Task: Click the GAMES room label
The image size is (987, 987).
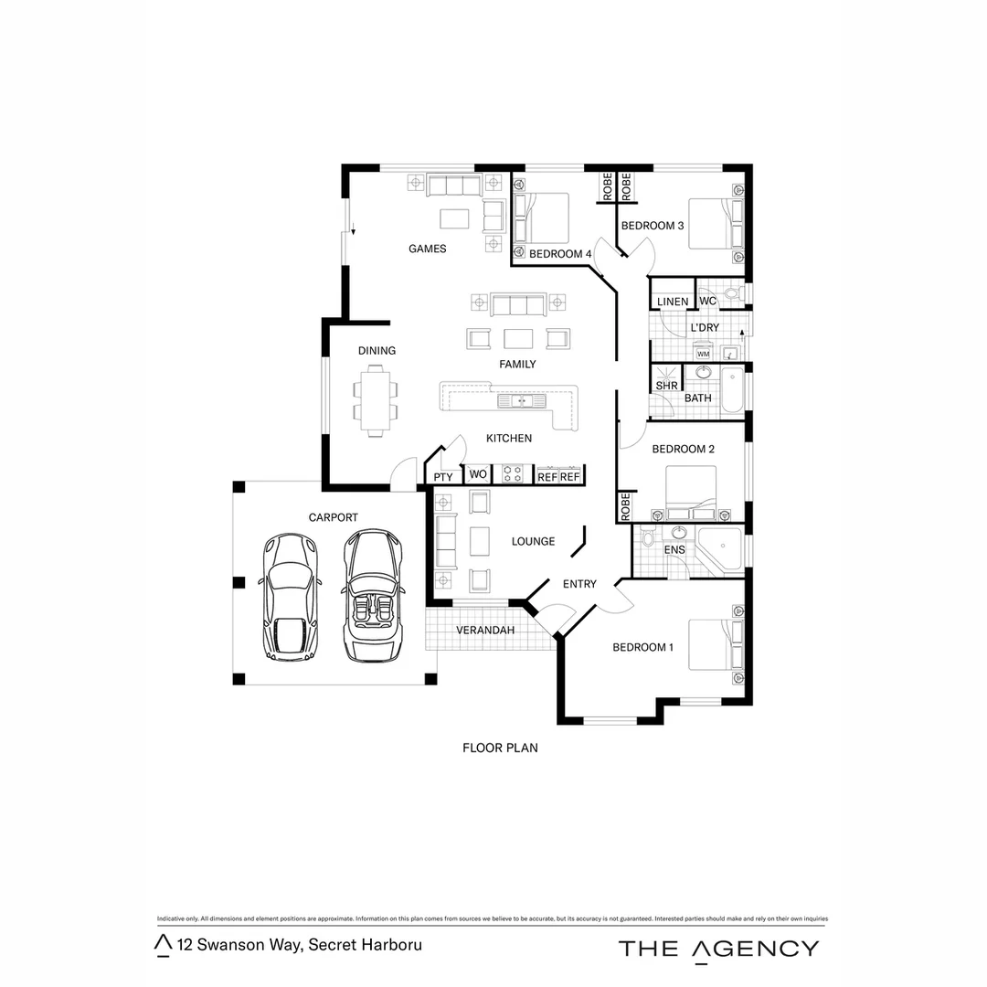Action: [x=427, y=249]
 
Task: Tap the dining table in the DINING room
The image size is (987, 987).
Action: [x=375, y=399]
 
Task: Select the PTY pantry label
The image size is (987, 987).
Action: [x=443, y=477]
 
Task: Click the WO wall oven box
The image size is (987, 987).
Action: [x=477, y=474]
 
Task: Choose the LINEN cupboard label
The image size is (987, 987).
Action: [x=673, y=302]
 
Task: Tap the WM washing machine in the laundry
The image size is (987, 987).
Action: [x=703, y=353]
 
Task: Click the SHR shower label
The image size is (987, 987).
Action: [x=665, y=386]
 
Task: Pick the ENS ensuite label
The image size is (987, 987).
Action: [x=674, y=550]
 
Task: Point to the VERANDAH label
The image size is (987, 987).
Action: [x=485, y=631]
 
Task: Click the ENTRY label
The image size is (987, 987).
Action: [x=579, y=584]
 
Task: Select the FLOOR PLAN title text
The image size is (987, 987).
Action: [x=500, y=748]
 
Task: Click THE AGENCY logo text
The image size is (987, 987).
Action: [x=718, y=948]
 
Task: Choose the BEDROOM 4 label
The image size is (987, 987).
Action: [x=560, y=254]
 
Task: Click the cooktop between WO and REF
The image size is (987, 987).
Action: [x=513, y=474]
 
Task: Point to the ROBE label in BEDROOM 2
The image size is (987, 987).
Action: [x=625, y=506]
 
